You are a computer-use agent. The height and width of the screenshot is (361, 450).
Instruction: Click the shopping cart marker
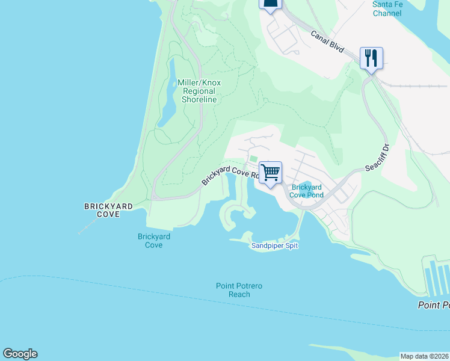(x=271, y=173)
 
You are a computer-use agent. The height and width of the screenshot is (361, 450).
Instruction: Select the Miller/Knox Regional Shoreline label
(x=197, y=91)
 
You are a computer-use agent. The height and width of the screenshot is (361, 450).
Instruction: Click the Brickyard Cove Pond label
(x=307, y=191)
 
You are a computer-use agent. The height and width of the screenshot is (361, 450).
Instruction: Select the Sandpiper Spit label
(x=274, y=245)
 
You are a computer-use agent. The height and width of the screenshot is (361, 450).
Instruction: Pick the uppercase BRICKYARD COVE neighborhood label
(x=109, y=210)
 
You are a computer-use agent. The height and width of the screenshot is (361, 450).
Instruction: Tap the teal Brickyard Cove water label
(x=153, y=241)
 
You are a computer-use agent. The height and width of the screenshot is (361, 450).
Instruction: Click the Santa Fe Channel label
(x=387, y=8)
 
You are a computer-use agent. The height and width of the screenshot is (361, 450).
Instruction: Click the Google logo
(x=20, y=354)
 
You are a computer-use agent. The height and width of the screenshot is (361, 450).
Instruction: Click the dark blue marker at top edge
(x=270, y=4)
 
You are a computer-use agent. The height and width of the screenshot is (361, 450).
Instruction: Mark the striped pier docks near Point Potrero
(x=437, y=277)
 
